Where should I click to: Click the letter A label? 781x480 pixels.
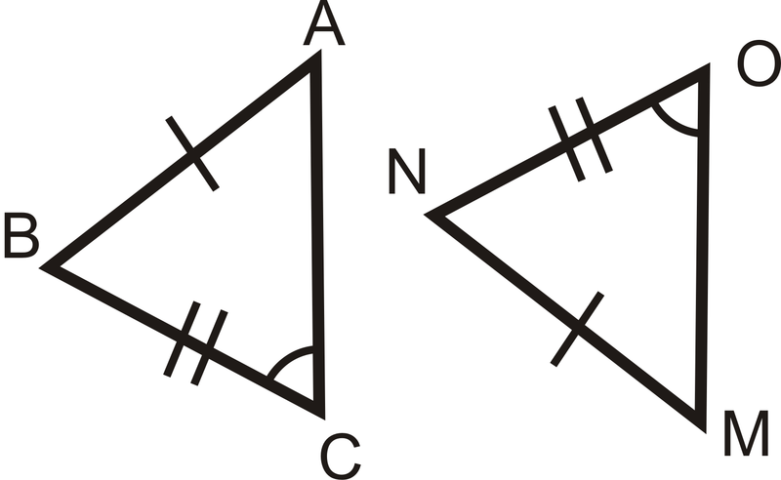click(x=324, y=26)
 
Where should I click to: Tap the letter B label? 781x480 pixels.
click(x=21, y=237)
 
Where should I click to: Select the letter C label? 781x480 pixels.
click(x=341, y=455)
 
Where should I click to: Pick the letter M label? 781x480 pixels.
click(x=746, y=435)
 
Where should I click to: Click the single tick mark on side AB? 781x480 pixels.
click(x=192, y=152)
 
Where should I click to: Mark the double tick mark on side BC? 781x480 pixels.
click(x=195, y=346)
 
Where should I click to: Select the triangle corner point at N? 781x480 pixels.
click(x=432, y=215)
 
